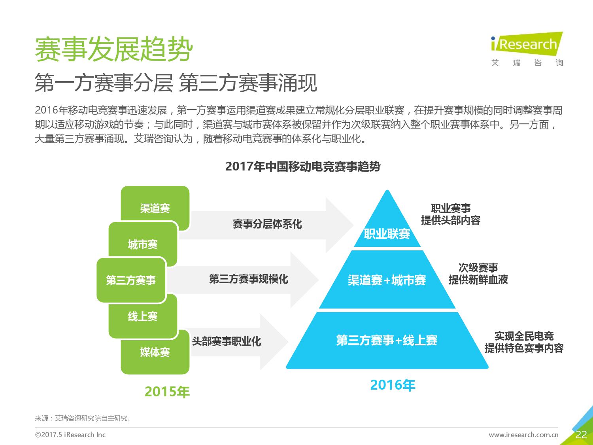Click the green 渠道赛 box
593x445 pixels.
point(155,208)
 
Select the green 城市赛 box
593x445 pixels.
point(143,244)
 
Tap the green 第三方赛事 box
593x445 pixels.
point(131,280)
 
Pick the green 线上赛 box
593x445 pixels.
point(143,316)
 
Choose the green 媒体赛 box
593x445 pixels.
point(155,352)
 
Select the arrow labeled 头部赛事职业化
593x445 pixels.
point(238,342)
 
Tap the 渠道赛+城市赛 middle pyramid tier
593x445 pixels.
point(387,280)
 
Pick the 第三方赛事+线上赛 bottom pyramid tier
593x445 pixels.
point(387,341)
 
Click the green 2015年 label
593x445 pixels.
point(167,392)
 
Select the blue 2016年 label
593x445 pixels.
point(393,385)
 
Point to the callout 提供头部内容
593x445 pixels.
point(451,220)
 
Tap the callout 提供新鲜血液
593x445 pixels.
point(478,280)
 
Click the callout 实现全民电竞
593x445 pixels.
point(524,336)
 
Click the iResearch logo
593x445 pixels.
point(527,49)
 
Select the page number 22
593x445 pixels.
point(581,435)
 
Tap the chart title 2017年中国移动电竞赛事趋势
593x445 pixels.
point(303,167)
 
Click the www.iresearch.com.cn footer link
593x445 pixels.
point(523,435)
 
